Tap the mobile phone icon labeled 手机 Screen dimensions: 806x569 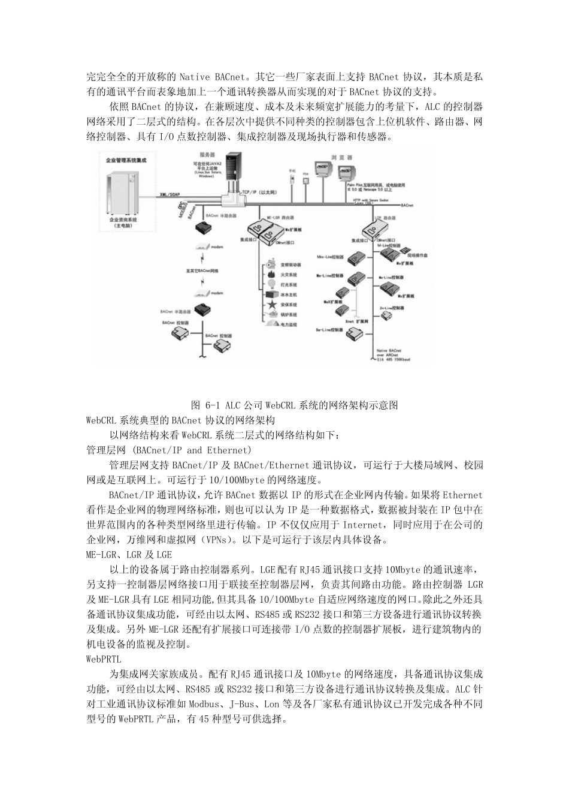click(x=292, y=179)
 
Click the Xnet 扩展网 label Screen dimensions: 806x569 click(x=354, y=321)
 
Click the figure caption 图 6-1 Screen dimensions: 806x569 click(x=293, y=405)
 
